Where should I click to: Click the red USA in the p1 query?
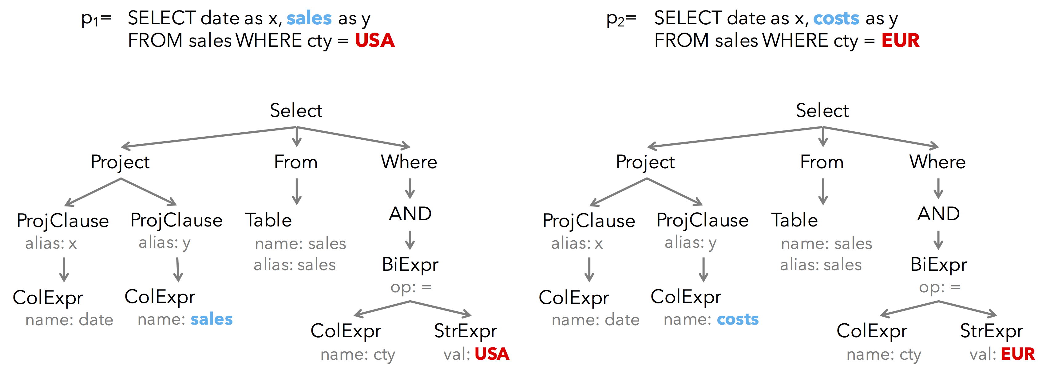(x=374, y=41)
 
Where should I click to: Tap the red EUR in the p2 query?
(x=900, y=41)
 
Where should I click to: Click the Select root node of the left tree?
(x=296, y=110)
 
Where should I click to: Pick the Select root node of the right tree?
(x=822, y=110)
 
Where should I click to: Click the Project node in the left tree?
(x=120, y=162)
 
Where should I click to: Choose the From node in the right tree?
(x=822, y=162)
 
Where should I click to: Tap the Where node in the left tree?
(x=409, y=162)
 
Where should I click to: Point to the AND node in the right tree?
(x=938, y=214)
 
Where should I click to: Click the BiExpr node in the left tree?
(x=410, y=265)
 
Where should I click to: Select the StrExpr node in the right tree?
(x=991, y=331)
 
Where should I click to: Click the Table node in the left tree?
(x=268, y=220)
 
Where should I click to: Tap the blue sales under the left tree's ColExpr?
(x=212, y=319)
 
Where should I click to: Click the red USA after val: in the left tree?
(x=492, y=354)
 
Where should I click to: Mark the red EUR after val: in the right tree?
(x=1018, y=354)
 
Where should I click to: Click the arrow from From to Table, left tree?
(x=297, y=191)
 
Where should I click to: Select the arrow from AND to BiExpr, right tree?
(x=938, y=240)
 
